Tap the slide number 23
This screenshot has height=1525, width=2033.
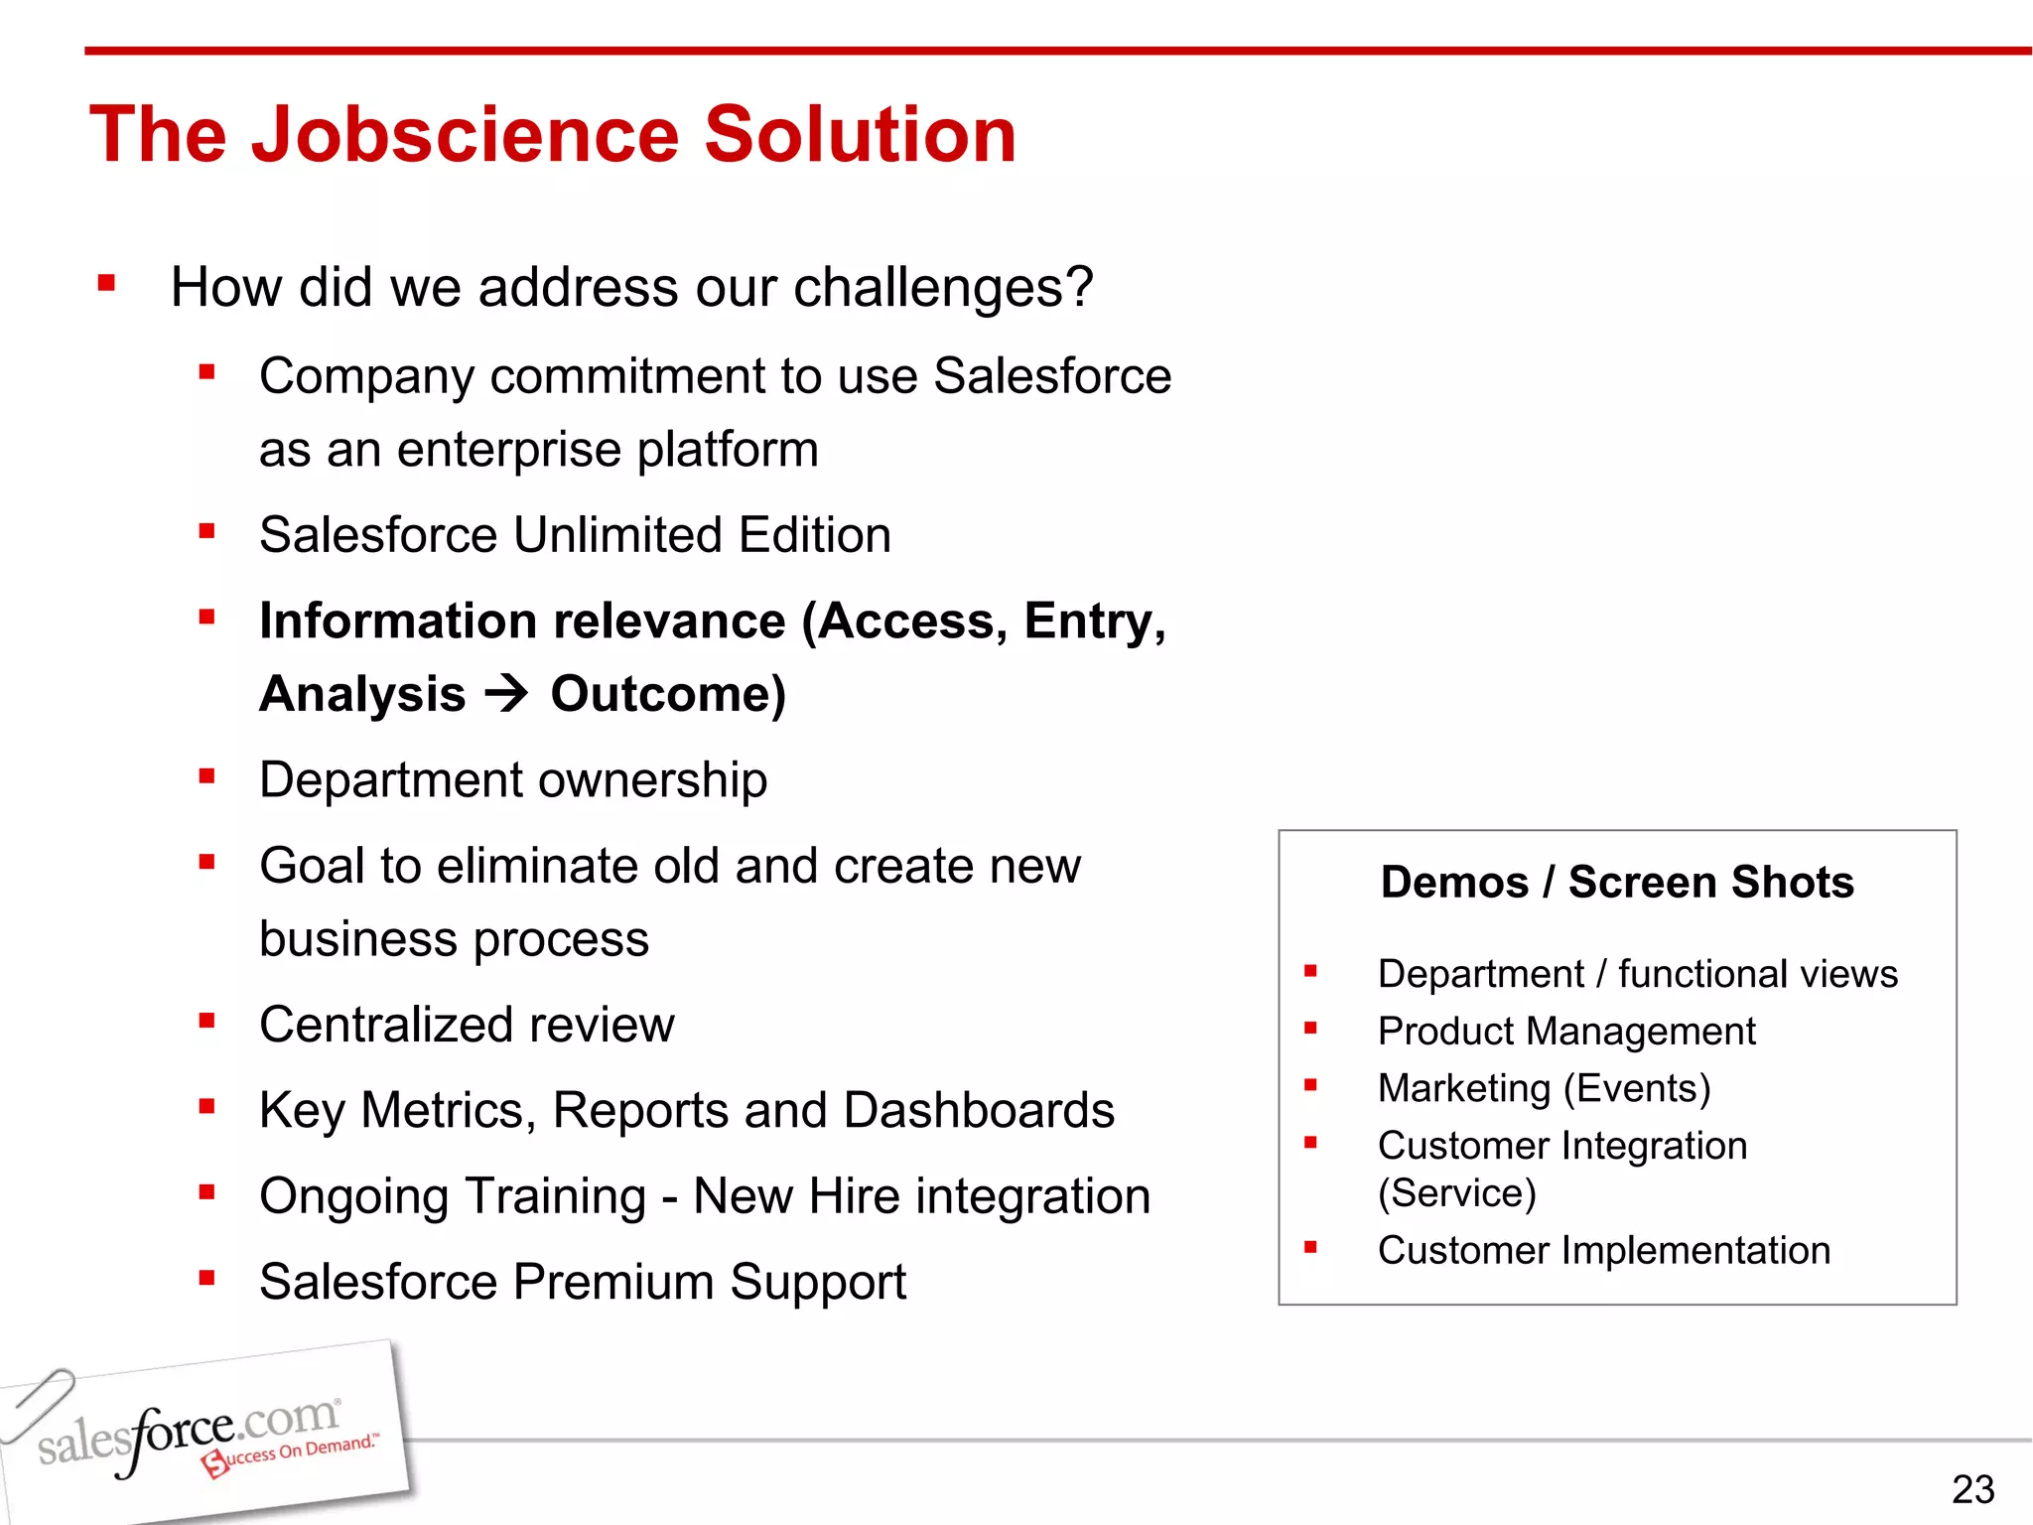click(x=1971, y=1489)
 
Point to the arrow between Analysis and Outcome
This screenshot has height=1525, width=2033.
click(x=507, y=693)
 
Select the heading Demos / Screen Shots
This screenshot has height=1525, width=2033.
click(x=1617, y=882)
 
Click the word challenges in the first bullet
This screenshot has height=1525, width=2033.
click(x=942, y=288)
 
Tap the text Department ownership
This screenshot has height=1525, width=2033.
click(x=513, y=780)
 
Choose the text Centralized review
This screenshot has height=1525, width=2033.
click(x=467, y=1025)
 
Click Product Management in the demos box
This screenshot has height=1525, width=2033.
click(x=1566, y=1032)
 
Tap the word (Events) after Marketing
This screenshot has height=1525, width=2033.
click(x=1637, y=1089)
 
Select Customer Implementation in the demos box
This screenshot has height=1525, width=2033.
click(x=1603, y=1251)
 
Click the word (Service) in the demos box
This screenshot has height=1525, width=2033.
click(x=1456, y=1193)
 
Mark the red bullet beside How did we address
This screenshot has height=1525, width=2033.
click(x=107, y=285)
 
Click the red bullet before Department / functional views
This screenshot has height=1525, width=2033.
click(x=1310, y=972)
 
